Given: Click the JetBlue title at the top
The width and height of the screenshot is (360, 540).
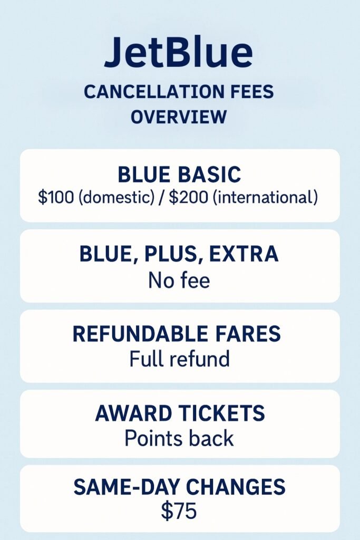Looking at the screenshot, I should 178,53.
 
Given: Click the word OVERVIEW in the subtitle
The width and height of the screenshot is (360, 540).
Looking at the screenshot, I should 179,117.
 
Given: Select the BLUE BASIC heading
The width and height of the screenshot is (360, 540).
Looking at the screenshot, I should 179,175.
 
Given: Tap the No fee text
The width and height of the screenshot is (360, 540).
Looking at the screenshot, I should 179,280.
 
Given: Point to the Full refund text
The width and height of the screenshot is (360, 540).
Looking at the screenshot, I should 179,359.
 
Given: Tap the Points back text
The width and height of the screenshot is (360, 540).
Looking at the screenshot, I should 179,438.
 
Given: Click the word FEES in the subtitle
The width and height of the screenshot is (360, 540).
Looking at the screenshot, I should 253,92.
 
